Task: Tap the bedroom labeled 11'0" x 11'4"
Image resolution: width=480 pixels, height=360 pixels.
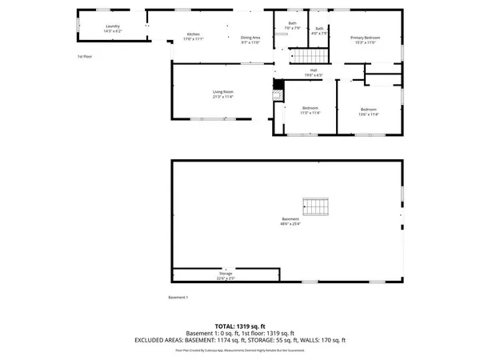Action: pyautogui.click(x=310, y=110)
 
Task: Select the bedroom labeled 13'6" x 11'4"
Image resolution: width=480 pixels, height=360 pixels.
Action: pyautogui.click(x=368, y=111)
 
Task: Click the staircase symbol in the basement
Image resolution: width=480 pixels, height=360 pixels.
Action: pyautogui.click(x=314, y=206)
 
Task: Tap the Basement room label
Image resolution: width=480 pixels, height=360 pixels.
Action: pyautogui.click(x=290, y=222)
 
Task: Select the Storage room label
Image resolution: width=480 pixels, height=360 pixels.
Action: pyautogui.click(x=226, y=276)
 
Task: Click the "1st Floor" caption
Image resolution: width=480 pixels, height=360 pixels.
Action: pyautogui.click(x=85, y=57)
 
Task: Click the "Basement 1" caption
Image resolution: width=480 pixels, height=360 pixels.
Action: pyautogui.click(x=178, y=298)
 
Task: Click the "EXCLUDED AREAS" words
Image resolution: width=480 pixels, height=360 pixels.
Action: pyautogui.click(x=161, y=340)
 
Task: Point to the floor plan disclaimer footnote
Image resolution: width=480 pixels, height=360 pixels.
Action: pyautogui.click(x=239, y=350)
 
